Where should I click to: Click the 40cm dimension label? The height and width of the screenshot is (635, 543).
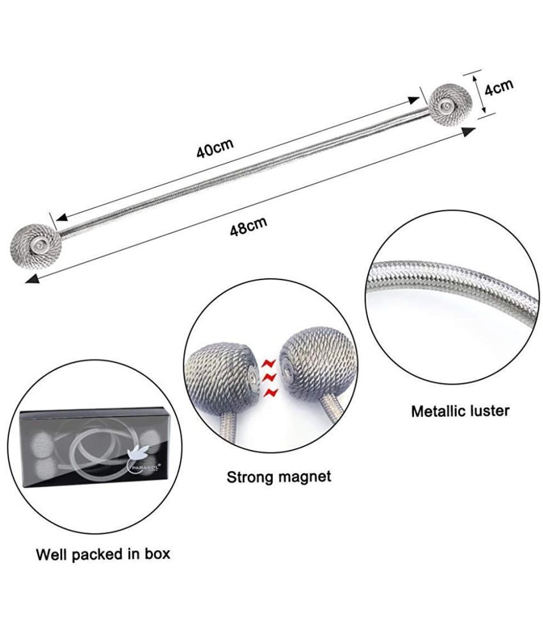point(215,149)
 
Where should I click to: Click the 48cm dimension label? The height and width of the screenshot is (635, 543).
point(248,226)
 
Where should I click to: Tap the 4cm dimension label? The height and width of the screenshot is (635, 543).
point(499,87)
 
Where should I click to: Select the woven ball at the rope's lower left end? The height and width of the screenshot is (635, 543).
point(36,246)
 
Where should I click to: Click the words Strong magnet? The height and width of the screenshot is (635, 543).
point(279,477)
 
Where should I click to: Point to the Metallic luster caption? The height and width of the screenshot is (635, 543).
point(461,411)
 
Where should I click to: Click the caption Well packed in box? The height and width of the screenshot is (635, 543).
point(103,554)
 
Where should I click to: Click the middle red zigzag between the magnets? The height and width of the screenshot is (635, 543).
point(270,378)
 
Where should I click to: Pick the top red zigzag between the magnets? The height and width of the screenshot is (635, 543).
point(270,363)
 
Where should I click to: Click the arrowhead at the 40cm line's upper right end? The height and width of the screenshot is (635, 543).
point(413,100)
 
